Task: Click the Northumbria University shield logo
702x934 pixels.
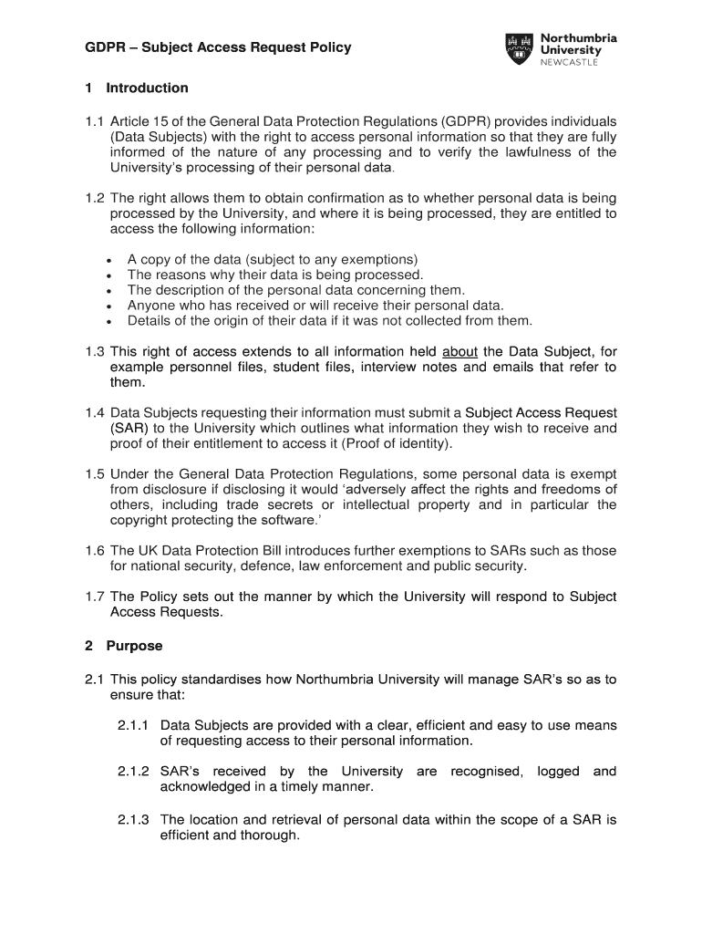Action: point(519,49)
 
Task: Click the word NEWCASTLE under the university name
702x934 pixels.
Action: point(571,62)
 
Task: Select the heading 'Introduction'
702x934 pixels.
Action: point(147,88)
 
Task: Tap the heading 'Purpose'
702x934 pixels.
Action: point(134,646)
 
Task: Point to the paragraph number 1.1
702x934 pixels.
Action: point(95,122)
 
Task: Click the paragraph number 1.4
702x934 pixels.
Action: point(95,413)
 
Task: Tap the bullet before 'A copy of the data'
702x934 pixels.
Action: point(108,260)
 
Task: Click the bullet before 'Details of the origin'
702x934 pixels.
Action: point(108,322)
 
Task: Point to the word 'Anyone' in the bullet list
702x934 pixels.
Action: point(150,306)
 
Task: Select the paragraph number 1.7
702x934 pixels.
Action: point(95,597)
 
